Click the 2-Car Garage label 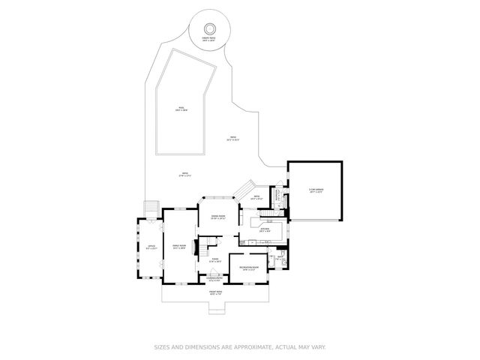coord(315,190)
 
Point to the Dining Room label coord(218,217)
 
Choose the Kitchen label coord(265,231)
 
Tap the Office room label coord(151,247)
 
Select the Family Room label coord(179,247)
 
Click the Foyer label coord(214,261)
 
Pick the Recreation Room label coord(249,268)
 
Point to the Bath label coord(279,258)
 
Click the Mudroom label coord(276,197)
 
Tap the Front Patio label coord(216,293)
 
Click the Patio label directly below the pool coord(184,175)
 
